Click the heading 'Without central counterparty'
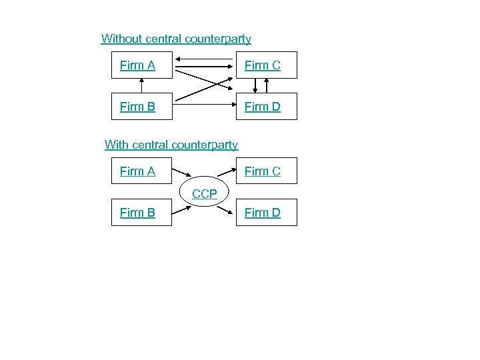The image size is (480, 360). [x=176, y=39]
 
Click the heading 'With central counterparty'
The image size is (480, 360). [x=171, y=144]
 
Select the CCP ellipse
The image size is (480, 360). [x=205, y=193]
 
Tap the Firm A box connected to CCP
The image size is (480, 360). [x=141, y=171]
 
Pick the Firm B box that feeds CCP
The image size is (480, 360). [x=141, y=213]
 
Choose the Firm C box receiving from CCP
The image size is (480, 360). [x=267, y=171]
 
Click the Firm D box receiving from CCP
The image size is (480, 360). [x=267, y=213]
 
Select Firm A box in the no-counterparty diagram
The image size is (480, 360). [x=141, y=65]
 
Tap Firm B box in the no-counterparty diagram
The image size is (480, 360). [x=141, y=106]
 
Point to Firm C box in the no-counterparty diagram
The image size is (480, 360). [x=267, y=65]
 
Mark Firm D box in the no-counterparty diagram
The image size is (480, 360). [x=267, y=106]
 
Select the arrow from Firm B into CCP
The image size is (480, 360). [x=182, y=207]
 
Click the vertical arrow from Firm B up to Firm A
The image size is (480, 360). [x=141, y=85]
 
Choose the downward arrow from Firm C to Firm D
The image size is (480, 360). [x=256, y=86]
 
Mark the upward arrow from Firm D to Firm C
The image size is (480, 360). [x=267, y=86]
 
